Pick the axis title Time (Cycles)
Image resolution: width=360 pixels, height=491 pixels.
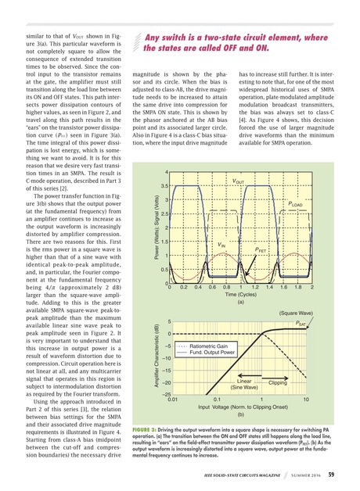[240, 295]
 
